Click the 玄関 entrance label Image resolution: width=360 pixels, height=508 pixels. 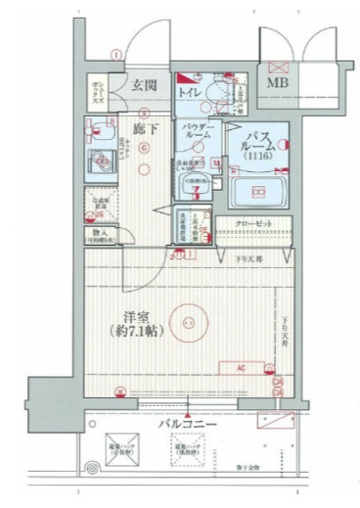click(146, 86)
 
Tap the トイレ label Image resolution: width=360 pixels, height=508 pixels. click(189, 91)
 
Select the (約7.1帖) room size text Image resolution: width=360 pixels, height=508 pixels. click(136, 331)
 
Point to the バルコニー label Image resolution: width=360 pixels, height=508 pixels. click(188, 424)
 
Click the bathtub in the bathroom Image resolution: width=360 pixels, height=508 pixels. click(260, 191)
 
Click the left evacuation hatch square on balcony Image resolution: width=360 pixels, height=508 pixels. click(123, 451)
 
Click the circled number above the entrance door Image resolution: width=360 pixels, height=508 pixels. click(115, 55)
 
